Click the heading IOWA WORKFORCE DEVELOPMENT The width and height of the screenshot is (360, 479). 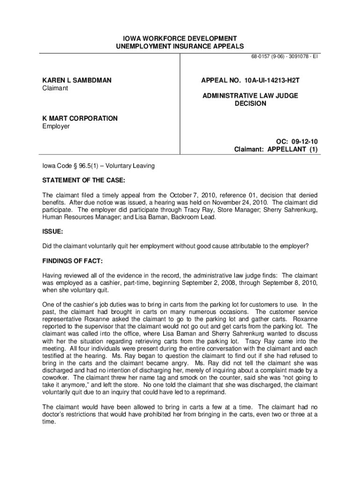coord(180,38)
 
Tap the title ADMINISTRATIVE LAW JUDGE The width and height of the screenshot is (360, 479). coord(250,95)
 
